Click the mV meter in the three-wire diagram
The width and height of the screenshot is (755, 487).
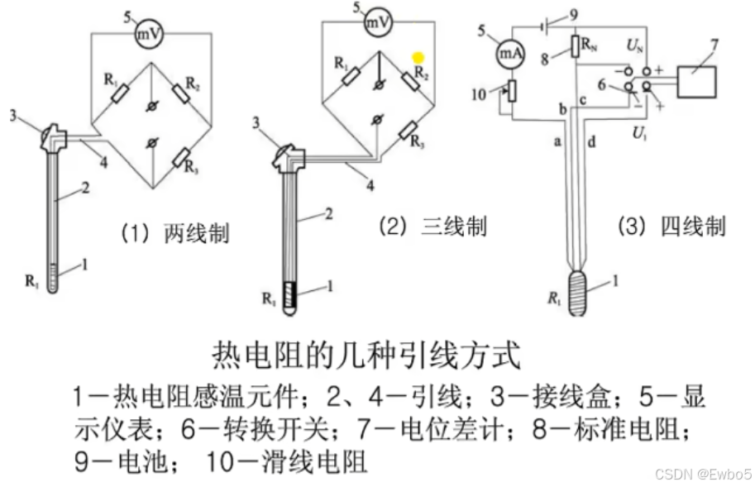(x=380, y=23)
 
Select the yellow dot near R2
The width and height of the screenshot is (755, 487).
(x=418, y=58)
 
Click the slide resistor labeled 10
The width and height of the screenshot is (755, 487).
(x=512, y=89)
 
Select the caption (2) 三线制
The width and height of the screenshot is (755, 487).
(x=432, y=226)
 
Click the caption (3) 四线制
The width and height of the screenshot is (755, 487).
(x=671, y=226)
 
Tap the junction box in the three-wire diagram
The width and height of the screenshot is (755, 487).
(x=291, y=153)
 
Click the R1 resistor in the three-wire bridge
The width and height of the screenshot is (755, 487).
(x=351, y=76)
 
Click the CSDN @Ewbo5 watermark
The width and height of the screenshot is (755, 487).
(x=702, y=474)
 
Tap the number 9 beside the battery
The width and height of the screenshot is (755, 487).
(x=574, y=12)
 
